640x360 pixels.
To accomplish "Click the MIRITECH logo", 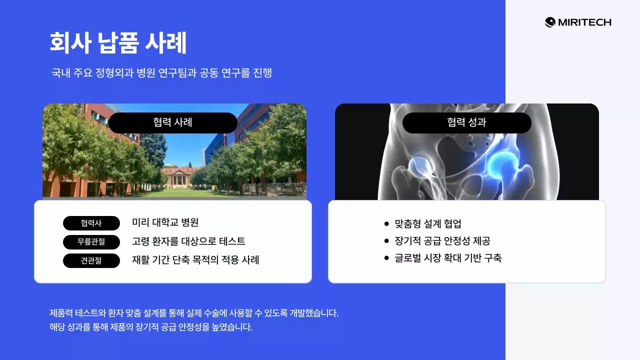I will tap(578, 22).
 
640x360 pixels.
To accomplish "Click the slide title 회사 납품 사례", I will tap(118, 43).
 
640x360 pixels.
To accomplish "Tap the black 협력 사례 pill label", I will tap(172, 123).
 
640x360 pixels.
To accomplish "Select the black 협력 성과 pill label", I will tap(466, 123).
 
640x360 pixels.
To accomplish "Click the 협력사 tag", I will tap(91, 223).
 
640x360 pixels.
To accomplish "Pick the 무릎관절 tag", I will tap(91, 242).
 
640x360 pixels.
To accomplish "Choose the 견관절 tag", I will tap(91, 260).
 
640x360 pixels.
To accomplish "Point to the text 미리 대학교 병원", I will tap(165, 222).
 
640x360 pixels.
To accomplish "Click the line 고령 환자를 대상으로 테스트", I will tap(188, 241).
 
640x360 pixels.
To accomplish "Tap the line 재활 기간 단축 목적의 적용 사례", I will tap(195, 260).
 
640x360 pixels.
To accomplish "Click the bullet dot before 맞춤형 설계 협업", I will tap(386, 224).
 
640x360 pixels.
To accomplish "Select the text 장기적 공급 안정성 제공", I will tap(442, 241).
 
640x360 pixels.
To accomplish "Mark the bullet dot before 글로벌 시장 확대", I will tap(386, 258).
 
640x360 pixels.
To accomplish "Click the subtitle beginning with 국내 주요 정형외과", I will tap(161, 73).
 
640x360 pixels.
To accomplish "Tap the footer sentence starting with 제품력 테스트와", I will tap(194, 313).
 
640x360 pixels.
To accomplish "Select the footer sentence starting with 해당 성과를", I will tap(151, 328).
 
